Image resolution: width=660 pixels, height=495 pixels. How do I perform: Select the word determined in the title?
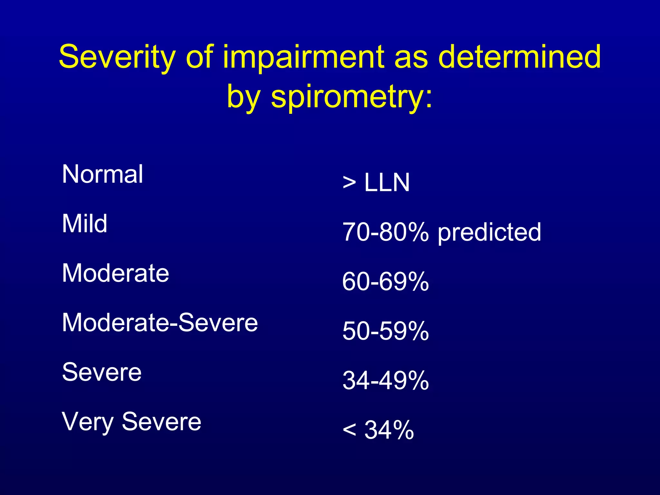[x=519, y=57]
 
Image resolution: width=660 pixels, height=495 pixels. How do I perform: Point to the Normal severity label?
[x=102, y=174]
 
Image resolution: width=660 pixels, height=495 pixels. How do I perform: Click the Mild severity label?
[x=84, y=224]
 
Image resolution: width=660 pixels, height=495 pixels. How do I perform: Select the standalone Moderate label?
[x=115, y=273]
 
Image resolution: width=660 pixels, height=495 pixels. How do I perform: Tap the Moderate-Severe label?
[x=160, y=323]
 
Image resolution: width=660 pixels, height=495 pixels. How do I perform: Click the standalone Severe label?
[x=102, y=372]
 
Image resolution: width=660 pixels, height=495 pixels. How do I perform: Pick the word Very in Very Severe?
[x=88, y=422]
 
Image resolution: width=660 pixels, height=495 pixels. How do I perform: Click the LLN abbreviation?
[x=387, y=183]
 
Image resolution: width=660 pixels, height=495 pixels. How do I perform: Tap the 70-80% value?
[x=385, y=232]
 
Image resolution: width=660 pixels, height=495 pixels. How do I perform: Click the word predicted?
[x=489, y=233]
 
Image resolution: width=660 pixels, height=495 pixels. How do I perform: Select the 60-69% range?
[x=385, y=282]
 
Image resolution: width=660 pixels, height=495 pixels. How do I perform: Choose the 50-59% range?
[x=385, y=331]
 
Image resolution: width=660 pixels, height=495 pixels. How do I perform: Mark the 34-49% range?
[x=385, y=381]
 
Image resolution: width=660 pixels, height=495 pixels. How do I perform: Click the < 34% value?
[x=378, y=430]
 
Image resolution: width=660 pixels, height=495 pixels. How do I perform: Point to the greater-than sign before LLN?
[x=349, y=183]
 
